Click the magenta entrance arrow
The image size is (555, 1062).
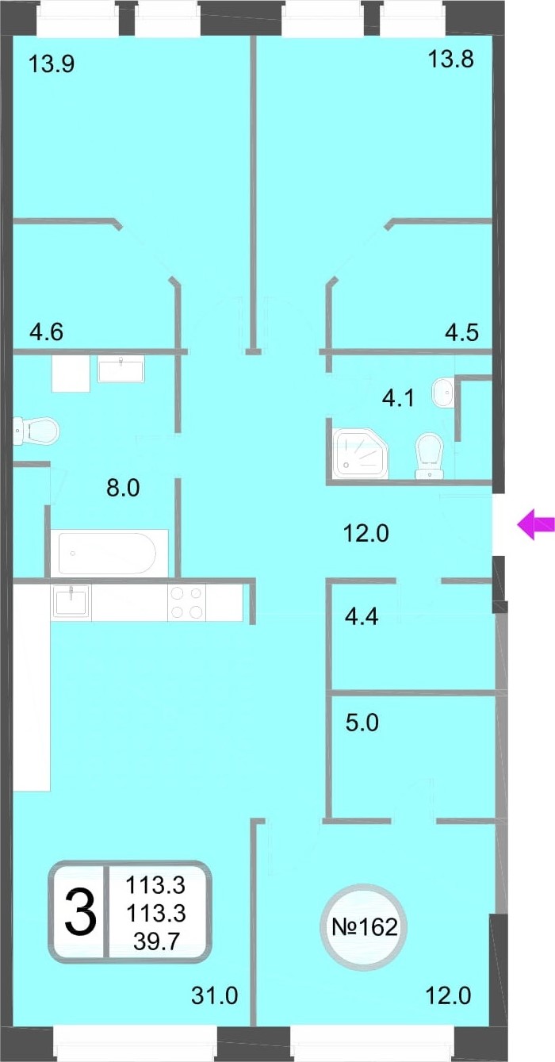(535, 524)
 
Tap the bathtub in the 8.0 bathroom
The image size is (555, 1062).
(107, 554)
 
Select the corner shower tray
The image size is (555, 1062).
(361, 453)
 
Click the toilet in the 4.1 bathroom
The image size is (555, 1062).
(429, 457)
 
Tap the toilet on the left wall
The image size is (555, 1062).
(35, 431)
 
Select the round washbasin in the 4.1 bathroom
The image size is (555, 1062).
(442, 392)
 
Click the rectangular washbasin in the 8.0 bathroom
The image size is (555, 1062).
(121, 370)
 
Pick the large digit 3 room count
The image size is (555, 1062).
(81, 915)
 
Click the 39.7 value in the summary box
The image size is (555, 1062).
(155, 941)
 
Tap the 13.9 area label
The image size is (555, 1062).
(52, 63)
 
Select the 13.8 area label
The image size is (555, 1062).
(450, 59)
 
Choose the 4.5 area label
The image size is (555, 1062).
(461, 332)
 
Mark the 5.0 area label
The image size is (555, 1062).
(362, 723)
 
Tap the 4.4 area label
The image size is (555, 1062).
(362, 617)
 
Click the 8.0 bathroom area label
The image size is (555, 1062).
(123, 488)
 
